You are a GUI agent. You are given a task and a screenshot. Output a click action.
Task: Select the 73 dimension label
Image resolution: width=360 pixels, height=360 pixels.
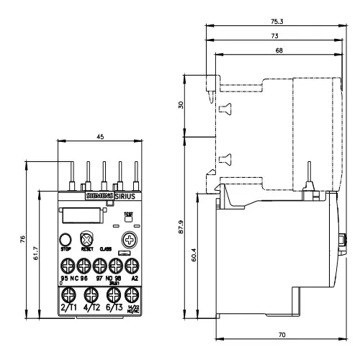[276, 36]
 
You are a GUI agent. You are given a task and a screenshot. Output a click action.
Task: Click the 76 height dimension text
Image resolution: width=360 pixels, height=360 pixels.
[23, 239]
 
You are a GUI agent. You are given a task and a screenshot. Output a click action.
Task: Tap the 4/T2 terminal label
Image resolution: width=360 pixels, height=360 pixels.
[91, 307]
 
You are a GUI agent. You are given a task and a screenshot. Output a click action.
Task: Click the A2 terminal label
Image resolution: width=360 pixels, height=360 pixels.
[132, 277]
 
